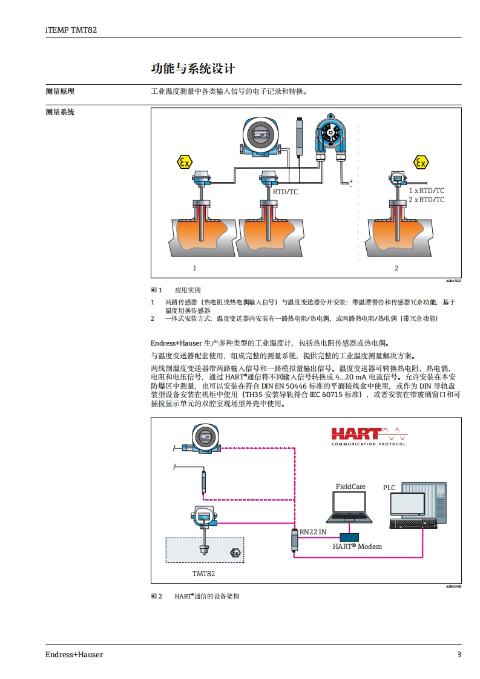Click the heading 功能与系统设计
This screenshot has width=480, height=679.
pyautogui.click(x=192, y=68)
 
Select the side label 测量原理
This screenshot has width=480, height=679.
pyautogui.click(x=60, y=92)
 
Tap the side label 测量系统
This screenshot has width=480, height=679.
pyautogui.click(x=60, y=112)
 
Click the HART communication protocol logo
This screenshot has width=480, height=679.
pyautogui.click(x=369, y=435)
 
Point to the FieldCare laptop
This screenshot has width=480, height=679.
pyautogui.click(x=350, y=507)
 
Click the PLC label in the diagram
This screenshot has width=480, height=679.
pyautogui.click(x=389, y=488)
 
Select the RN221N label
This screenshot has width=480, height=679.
pyautogui.click(x=313, y=532)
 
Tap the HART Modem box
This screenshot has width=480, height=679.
pyautogui.click(x=349, y=537)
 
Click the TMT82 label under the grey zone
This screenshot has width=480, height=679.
pyautogui.click(x=203, y=573)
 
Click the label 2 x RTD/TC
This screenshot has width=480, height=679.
pyautogui.click(x=426, y=200)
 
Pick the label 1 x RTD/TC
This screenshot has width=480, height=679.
pyautogui.click(x=426, y=191)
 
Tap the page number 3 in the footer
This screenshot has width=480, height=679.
pyautogui.click(x=459, y=655)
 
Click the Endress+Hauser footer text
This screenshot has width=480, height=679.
pyautogui.click(x=74, y=655)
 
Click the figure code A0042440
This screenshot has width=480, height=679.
pyautogui.click(x=453, y=586)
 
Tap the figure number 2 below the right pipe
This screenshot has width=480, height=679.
pyautogui.click(x=396, y=267)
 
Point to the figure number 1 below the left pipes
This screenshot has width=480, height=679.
pyautogui.click(x=194, y=267)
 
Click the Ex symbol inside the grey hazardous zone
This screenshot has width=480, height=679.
pyautogui.click(x=235, y=553)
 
